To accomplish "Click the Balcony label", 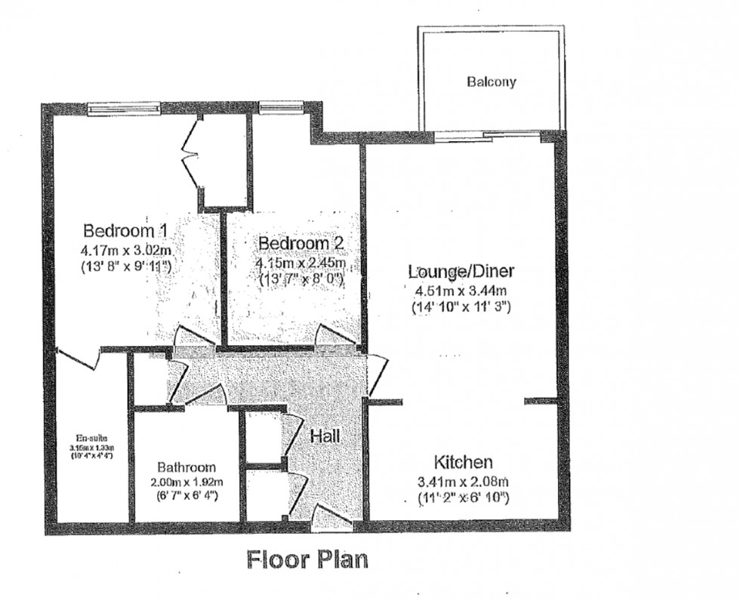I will [x=491, y=82].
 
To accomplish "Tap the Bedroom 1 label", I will [x=125, y=230].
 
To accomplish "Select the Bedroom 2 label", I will [x=301, y=243].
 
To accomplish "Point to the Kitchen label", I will [x=463, y=462].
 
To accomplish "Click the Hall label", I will [x=325, y=436].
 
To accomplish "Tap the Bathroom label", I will [x=187, y=467].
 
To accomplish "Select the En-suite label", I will [x=91, y=437].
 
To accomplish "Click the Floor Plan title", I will [x=307, y=559].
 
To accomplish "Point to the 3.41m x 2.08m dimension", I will [x=463, y=481].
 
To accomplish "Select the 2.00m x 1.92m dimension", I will [x=187, y=482].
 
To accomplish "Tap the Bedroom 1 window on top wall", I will [x=125, y=109].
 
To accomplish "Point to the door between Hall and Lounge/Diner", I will [x=376, y=375].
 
